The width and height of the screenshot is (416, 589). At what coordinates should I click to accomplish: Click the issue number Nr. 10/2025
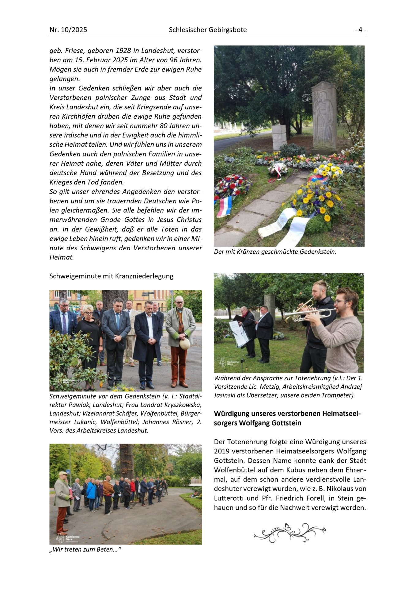tap(68, 30)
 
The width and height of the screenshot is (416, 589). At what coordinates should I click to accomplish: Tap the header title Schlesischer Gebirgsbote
tap(208, 30)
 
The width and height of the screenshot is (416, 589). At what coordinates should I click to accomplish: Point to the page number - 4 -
tap(360, 30)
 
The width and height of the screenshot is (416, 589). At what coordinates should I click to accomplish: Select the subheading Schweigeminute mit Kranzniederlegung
tap(111, 276)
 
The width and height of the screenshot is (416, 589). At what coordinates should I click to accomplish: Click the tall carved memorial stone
tap(324, 117)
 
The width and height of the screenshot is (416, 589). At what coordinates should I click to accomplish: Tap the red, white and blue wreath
tap(232, 187)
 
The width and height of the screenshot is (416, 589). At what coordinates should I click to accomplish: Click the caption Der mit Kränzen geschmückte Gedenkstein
tap(275, 252)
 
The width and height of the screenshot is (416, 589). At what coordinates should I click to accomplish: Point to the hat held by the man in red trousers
tap(185, 344)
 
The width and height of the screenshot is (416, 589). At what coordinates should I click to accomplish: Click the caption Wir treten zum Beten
tap(85, 549)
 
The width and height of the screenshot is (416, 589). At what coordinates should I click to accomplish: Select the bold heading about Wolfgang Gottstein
tap(288, 418)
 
